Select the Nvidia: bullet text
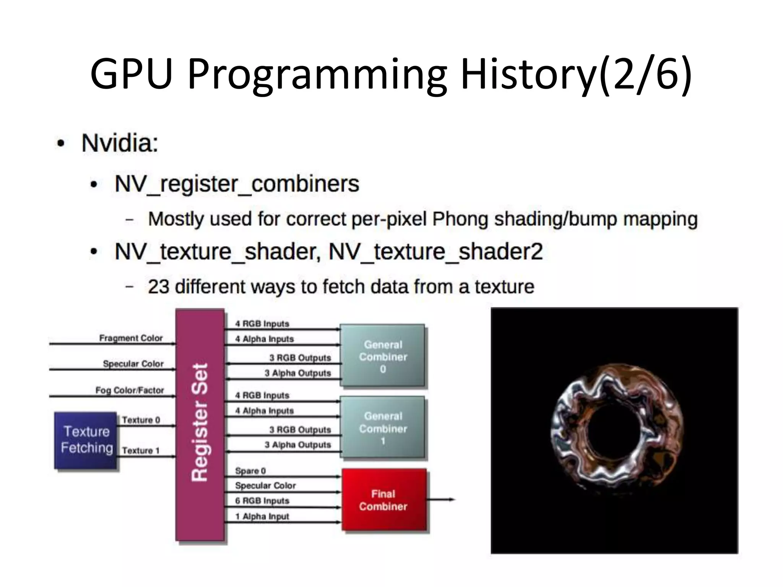[x=120, y=143]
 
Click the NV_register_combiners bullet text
[x=237, y=184]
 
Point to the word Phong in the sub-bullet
[x=460, y=219]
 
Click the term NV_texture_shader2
[x=435, y=252]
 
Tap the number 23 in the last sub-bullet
[x=158, y=287]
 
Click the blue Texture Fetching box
[x=86, y=440]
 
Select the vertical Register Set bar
[x=200, y=424]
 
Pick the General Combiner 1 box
[x=382, y=428]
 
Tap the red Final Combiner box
[x=383, y=500]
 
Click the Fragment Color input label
[x=131, y=338]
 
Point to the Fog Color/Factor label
[x=130, y=390]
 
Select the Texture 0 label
[x=141, y=420]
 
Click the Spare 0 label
[x=250, y=471]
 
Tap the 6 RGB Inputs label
[x=262, y=501]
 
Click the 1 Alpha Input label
[x=262, y=516]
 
